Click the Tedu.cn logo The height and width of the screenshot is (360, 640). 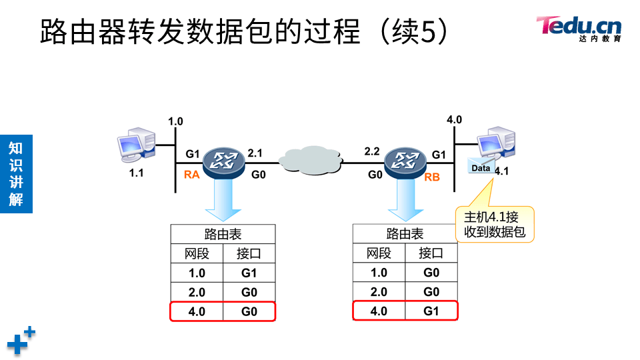coord(579,28)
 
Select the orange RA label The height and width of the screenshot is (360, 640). coord(192,176)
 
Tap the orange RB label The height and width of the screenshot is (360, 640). coord(432,177)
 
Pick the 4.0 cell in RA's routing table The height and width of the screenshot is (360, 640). coord(197,311)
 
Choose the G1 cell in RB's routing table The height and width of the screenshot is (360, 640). coord(431,311)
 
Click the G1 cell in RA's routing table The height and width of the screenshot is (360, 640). coord(249,273)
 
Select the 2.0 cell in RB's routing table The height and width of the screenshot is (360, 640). coord(379,292)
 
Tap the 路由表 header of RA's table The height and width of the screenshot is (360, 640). coord(223,234)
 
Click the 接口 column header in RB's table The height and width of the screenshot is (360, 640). coord(431,253)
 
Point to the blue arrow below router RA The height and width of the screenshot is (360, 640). coord(223,200)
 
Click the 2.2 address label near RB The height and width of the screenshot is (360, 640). coord(371,152)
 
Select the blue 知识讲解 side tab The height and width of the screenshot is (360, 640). coord(16,174)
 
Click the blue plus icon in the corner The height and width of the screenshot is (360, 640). coord(21,341)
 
